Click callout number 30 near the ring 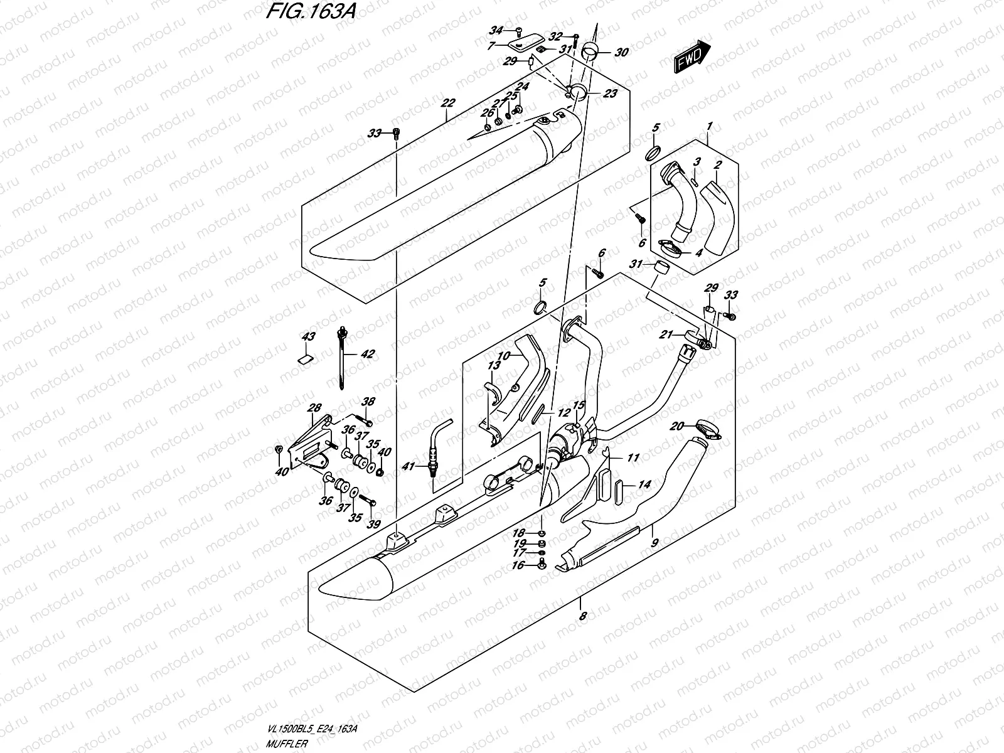(x=621, y=53)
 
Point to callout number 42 (x=367, y=355)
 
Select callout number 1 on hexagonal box (x=709, y=127)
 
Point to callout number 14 (x=644, y=484)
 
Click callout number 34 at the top (x=496, y=30)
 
